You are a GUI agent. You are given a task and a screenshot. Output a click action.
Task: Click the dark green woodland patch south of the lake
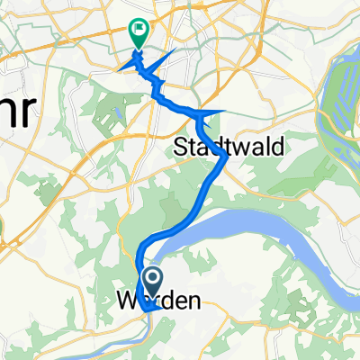pos(297,315)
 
